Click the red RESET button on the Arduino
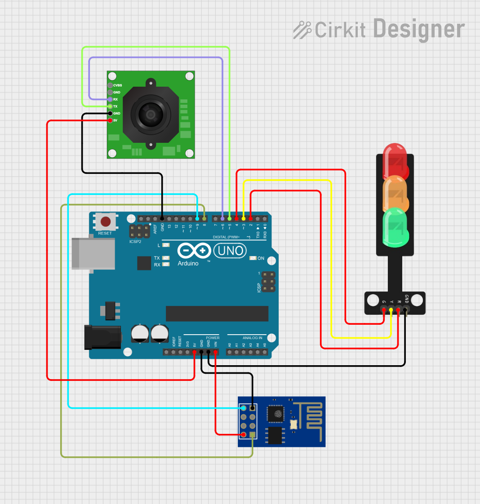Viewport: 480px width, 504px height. pos(106,221)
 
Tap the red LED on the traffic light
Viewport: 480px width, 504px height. pos(395,161)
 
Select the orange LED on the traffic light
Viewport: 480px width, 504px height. pos(395,194)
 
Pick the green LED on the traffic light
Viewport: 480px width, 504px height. pos(395,227)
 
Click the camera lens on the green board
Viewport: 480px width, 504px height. pos(150,114)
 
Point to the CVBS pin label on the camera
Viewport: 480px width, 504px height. pos(117,85)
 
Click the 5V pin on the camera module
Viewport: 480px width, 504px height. pos(110,120)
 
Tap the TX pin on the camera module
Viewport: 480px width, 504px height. pos(110,106)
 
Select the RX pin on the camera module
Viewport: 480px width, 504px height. pos(110,99)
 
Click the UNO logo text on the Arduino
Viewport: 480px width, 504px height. pos(230,251)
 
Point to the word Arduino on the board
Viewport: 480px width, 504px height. pos(188,264)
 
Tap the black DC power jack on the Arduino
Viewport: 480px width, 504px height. pos(103,337)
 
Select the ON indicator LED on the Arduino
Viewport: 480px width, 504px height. pos(253,258)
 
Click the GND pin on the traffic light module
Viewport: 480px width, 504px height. pos(405,309)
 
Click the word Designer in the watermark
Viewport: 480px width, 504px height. pos(418,29)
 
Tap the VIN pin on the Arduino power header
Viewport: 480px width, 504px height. pos(216,352)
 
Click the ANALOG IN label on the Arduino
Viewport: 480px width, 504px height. pos(252,338)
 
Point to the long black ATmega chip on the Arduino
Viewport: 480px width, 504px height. pos(217,314)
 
